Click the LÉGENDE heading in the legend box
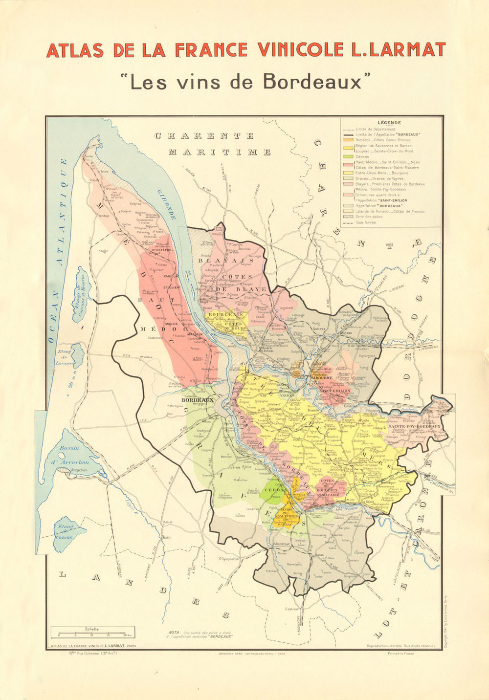click(389, 123)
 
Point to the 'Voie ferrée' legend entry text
click(366, 222)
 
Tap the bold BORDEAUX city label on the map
click(198, 400)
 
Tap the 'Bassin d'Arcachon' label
click(74, 455)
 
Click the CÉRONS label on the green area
click(275, 490)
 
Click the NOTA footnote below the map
click(200, 634)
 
